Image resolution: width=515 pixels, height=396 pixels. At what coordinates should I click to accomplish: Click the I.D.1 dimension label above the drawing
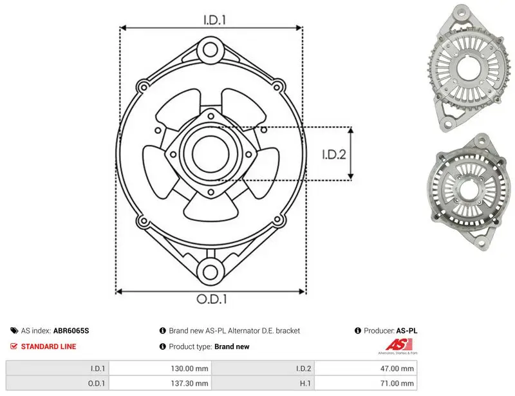(x=214, y=20)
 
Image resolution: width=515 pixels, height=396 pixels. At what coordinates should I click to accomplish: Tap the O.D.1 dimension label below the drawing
(x=212, y=299)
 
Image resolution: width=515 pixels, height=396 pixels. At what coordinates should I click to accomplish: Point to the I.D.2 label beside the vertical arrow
(x=334, y=155)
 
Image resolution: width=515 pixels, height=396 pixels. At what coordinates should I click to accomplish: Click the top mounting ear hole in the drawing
(x=211, y=50)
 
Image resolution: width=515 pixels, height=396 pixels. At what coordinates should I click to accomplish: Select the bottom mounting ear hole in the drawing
(x=211, y=272)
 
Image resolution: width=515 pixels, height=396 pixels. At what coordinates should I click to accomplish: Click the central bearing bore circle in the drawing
(x=211, y=154)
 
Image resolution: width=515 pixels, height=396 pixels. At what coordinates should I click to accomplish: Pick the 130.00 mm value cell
(x=160, y=368)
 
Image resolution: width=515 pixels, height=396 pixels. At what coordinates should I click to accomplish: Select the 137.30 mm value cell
(x=160, y=383)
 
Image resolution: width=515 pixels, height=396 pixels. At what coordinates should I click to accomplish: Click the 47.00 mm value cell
(x=366, y=368)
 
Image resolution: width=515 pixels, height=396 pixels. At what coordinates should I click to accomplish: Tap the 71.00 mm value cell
(x=366, y=383)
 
